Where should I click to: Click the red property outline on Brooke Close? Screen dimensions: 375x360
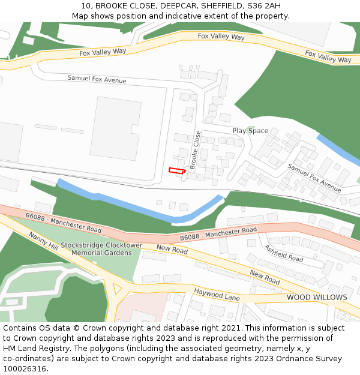176,171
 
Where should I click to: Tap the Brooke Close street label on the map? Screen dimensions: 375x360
195,150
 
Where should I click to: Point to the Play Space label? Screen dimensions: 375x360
250,131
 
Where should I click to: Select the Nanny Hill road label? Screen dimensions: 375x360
43,242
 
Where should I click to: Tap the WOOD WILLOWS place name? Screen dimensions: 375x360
316,298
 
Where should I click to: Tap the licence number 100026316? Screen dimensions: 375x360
24,369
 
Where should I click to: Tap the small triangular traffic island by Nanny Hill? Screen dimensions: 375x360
116,289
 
